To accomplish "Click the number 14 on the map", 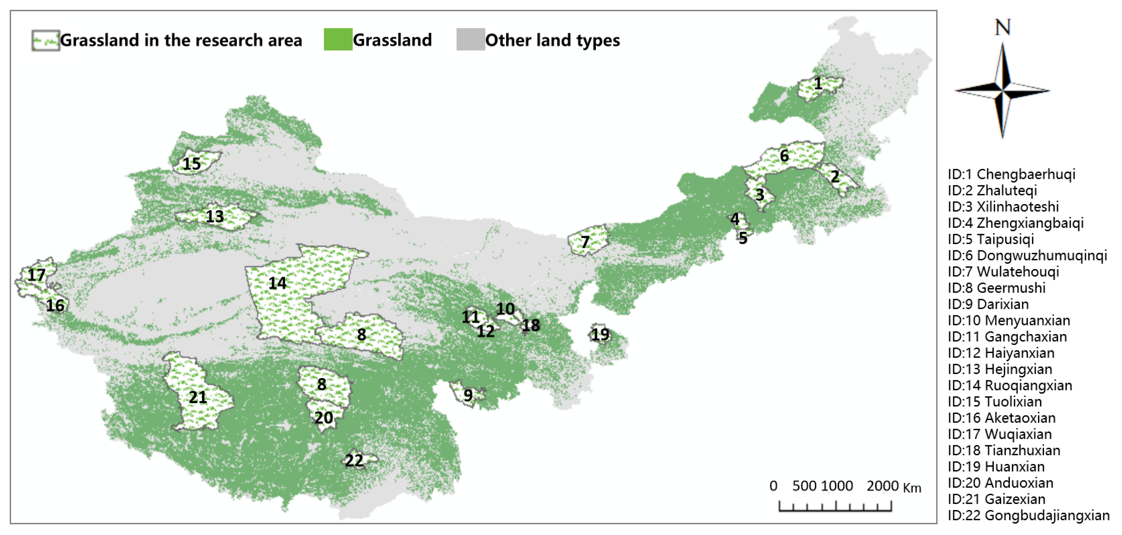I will pyautogui.click(x=277, y=283).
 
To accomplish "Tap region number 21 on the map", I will pyautogui.click(x=198, y=397).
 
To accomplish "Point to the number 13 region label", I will pyautogui.click(x=215, y=216).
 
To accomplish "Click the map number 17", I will pyautogui.click(x=36, y=275).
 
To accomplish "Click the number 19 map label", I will pyautogui.click(x=600, y=334).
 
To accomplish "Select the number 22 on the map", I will pyautogui.click(x=354, y=460).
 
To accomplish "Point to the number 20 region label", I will pyautogui.click(x=324, y=417).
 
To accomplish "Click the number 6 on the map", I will pyautogui.click(x=784, y=156).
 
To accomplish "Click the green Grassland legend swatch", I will pyautogui.click(x=338, y=40).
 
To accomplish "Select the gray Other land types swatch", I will pyautogui.click(x=470, y=40).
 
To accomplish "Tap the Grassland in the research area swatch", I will pyautogui.click(x=45, y=41).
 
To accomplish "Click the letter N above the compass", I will pyautogui.click(x=1003, y=27).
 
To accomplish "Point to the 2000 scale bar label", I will pyautogui.click(x=882, y=486).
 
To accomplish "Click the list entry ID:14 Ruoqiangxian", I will pyautogui.click(x=1010, y=385).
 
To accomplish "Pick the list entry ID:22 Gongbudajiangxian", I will pyautogui.click(x=1028, y=516).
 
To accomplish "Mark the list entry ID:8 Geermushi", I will pyautogui.click(x=996, y=288).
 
